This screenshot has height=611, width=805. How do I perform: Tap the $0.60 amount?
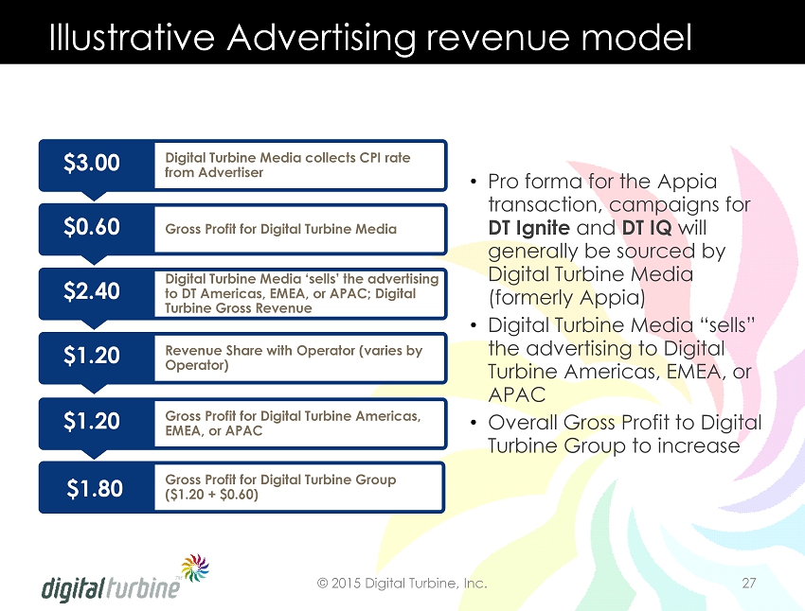tap(92, 227)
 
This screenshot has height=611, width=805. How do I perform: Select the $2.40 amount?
tap(92, 290)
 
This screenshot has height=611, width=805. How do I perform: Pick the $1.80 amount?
tap(95, 488)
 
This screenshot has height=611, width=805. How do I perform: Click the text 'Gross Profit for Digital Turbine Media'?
tap(281, 229)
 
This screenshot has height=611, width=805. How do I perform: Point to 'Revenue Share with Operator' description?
tap(294, 358)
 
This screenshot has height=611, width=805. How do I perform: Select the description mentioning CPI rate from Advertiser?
tap(288, 166)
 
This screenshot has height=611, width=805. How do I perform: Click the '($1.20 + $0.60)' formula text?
tap(211, 495)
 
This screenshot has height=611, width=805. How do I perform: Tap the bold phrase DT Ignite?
tap(528, 228)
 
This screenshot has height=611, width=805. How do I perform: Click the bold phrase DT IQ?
tap(647, 228)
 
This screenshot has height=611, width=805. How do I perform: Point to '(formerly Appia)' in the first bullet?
tap(566, 298)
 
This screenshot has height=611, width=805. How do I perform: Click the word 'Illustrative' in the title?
tap(132, 37)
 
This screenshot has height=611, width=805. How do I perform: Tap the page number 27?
tap(749, 584)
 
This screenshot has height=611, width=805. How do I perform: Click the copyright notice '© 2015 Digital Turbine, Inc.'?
tap(402, 584)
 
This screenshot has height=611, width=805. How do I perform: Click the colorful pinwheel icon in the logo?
tap(195, 567)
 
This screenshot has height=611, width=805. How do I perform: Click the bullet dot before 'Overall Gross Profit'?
tap(474, 424)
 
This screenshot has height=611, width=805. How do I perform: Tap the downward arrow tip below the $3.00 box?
tap(94, 200)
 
